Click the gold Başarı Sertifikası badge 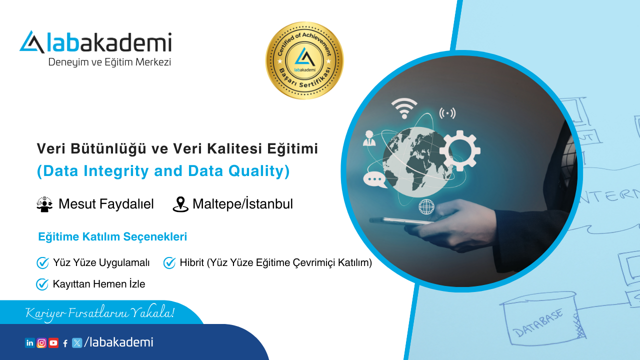(x=304, y=60)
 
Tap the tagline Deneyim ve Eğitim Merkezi (x=109, y=62)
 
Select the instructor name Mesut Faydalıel (x=106, y=204)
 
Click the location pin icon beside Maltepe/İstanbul (x=180, y=204)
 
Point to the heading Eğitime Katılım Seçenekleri (x=112, y=237)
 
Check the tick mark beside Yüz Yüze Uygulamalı (x=42, y=262)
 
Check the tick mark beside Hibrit (x=169, y=262)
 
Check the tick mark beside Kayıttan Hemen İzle (x=42, y=284)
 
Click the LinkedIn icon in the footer (x=30, y=343)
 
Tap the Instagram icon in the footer (x=42, y=343)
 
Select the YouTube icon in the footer (x=53, y=343)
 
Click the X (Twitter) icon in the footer (x=77, y=343)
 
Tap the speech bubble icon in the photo (x=375, y=179)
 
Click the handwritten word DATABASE (x=539, y=322)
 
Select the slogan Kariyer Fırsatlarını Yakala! (x=100, y=313)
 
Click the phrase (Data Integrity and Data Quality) (x=163, y=171)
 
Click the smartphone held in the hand (x=400, y=220)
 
